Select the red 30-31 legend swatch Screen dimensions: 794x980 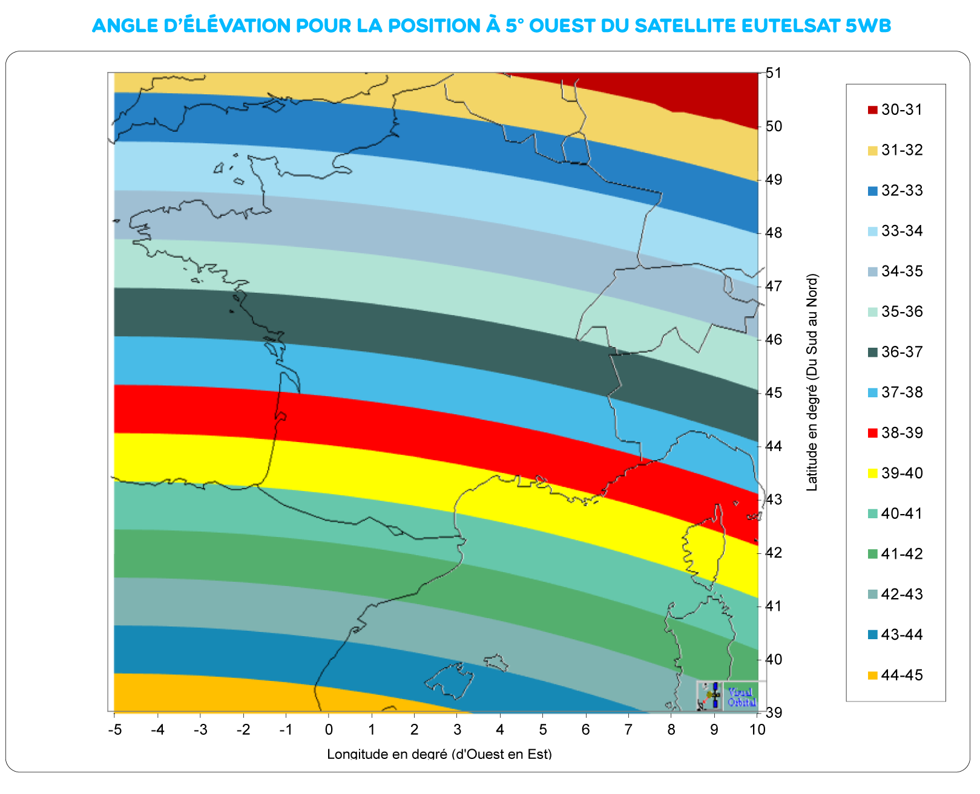pos(872,110)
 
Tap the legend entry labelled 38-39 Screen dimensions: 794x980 pos(902,433)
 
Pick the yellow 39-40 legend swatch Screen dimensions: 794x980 pos(872,473)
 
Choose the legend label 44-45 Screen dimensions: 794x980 pos(902,675)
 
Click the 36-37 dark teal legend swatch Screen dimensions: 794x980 pos(872,353)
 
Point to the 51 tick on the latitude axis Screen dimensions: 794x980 pos(773,73)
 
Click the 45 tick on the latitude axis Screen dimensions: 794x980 pos(773,393)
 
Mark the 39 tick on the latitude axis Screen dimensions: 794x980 pos(773,712)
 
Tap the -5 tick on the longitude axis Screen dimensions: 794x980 pos(114,729)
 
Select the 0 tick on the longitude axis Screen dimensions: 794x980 pos(329,729)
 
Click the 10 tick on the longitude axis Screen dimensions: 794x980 pos(757,729)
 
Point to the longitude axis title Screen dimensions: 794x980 pos(439,753)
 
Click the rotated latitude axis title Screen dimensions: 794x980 pos(812,383)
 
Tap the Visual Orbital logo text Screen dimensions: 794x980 pos(741,697)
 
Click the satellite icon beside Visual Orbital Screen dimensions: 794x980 pos(711,696)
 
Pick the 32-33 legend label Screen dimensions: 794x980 pos(902,191)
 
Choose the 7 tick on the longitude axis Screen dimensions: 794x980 pos(628,729)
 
